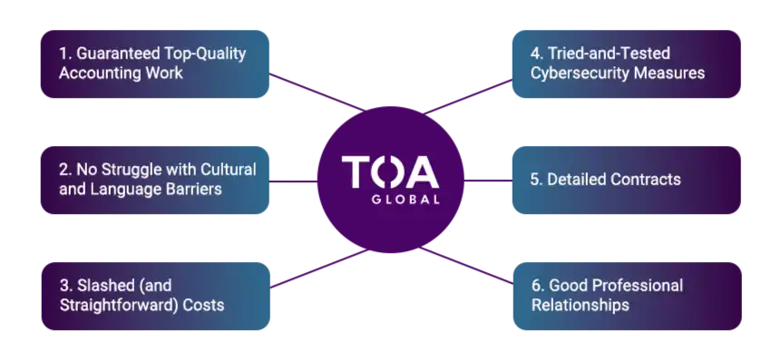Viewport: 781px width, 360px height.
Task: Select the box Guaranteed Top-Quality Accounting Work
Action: pyautogui.click(x=153, y=63)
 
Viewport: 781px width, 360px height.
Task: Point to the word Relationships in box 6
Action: pyautogui.click(x=581, y=306)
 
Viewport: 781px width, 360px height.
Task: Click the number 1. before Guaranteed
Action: pyautogui.click(x=65, y=54)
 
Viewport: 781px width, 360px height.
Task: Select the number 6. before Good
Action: pyautogui.click(x=538, y=286)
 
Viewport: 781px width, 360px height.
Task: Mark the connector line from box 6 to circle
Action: pyautogui.click(x=476, y=270)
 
